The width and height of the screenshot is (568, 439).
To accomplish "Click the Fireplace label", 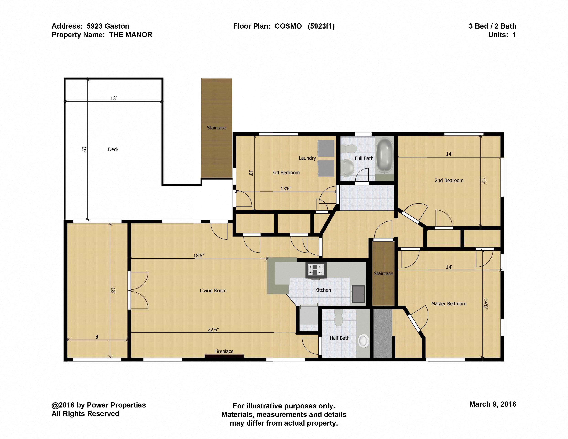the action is pyautogui.click(x=224, y=351).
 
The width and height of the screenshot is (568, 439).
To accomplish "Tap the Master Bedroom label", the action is pyautogui.click(x=449, y=304).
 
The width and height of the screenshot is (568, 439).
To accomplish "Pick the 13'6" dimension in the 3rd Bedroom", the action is pyautogui.click(x=286, y=189).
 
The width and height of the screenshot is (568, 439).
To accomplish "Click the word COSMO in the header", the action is pyautogui.click(x=288, y=26).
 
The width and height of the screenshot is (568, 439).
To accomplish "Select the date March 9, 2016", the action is pyautogui.click(x=493, y=404).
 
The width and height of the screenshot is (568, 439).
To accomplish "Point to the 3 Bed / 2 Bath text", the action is pyautogui.click(x=493, y=26).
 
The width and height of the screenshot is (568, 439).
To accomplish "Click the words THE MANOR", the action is pyautogui.click(x=131, y=35).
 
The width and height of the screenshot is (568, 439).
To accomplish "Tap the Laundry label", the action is pyautogui.click(x=307, y=158).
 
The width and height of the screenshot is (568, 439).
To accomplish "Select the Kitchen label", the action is pyautogui.click(x=323, y=290).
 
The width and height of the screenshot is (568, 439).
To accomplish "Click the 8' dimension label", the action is pyautogui.click(x=97, y=337).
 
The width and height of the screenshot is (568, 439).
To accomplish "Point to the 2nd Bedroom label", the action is pyautogui.click(x=449, y=180).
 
